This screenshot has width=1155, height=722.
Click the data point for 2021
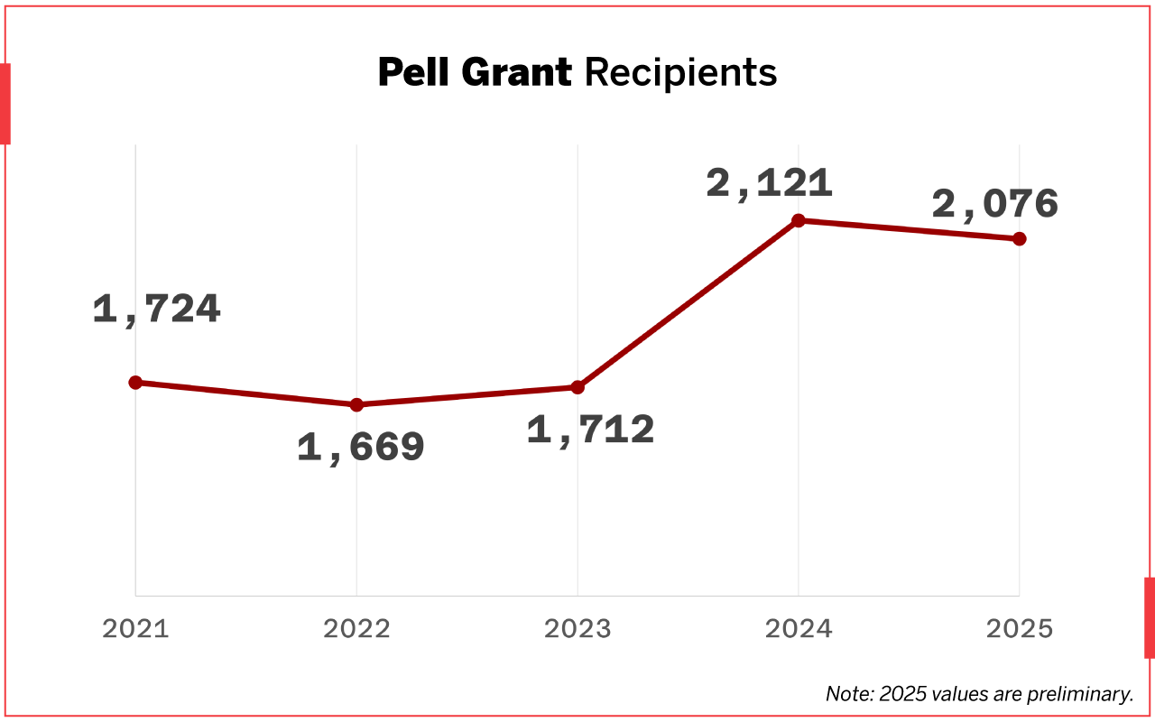135,383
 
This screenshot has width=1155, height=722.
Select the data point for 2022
356,404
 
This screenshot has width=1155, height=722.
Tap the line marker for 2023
577,387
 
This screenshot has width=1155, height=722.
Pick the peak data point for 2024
799,220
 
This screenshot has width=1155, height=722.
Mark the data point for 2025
1020,238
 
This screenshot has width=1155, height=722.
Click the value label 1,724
157,310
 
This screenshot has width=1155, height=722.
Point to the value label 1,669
361,448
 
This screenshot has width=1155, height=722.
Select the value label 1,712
590,430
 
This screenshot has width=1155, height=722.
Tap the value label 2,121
769,183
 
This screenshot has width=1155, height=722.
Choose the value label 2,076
994,205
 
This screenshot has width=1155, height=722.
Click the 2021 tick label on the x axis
135,629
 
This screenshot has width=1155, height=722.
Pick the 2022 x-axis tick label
356,629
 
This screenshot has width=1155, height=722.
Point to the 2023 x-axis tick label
577,629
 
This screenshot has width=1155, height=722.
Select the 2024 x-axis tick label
799,629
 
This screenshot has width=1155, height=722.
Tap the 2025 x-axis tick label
1020,629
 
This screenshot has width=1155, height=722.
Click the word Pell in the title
414,72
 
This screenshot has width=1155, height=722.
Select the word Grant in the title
516,72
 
